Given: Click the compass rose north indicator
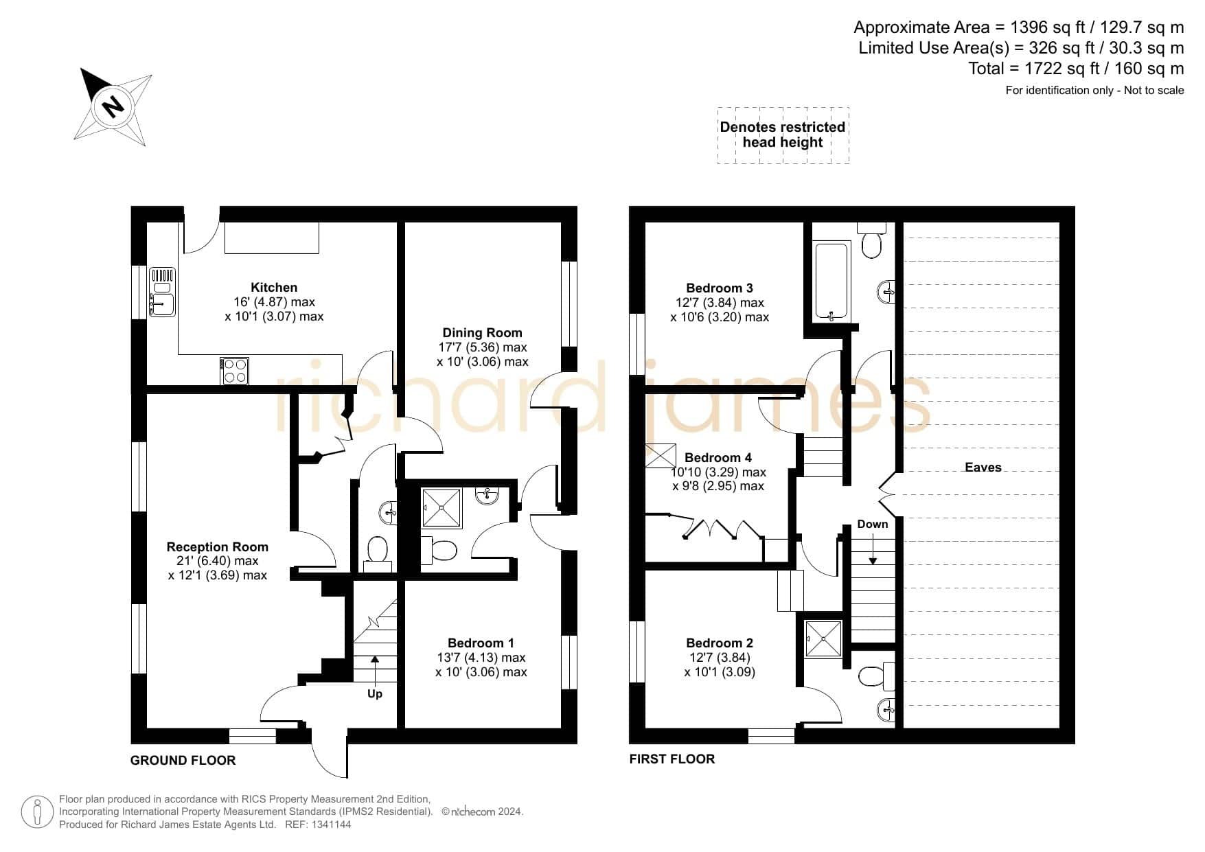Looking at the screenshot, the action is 113,106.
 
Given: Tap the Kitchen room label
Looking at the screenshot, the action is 274,288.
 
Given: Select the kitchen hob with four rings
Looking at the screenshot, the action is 235,371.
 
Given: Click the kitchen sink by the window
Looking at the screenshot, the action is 163,292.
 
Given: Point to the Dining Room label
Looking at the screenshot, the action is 482,333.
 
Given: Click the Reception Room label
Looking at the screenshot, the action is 217,547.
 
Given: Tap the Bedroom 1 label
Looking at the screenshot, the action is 481,643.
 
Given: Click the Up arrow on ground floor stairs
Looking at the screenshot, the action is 375,669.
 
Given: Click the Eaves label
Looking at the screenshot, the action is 983,468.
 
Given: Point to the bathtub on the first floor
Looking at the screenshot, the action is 833,281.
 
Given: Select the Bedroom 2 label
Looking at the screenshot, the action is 720,643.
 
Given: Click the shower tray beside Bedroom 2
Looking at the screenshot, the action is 823,638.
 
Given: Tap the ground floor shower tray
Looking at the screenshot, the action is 441,508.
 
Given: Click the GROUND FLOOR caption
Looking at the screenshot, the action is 183,761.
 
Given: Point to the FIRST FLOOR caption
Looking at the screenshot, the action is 672,759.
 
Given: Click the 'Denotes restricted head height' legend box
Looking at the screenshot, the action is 783,135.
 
